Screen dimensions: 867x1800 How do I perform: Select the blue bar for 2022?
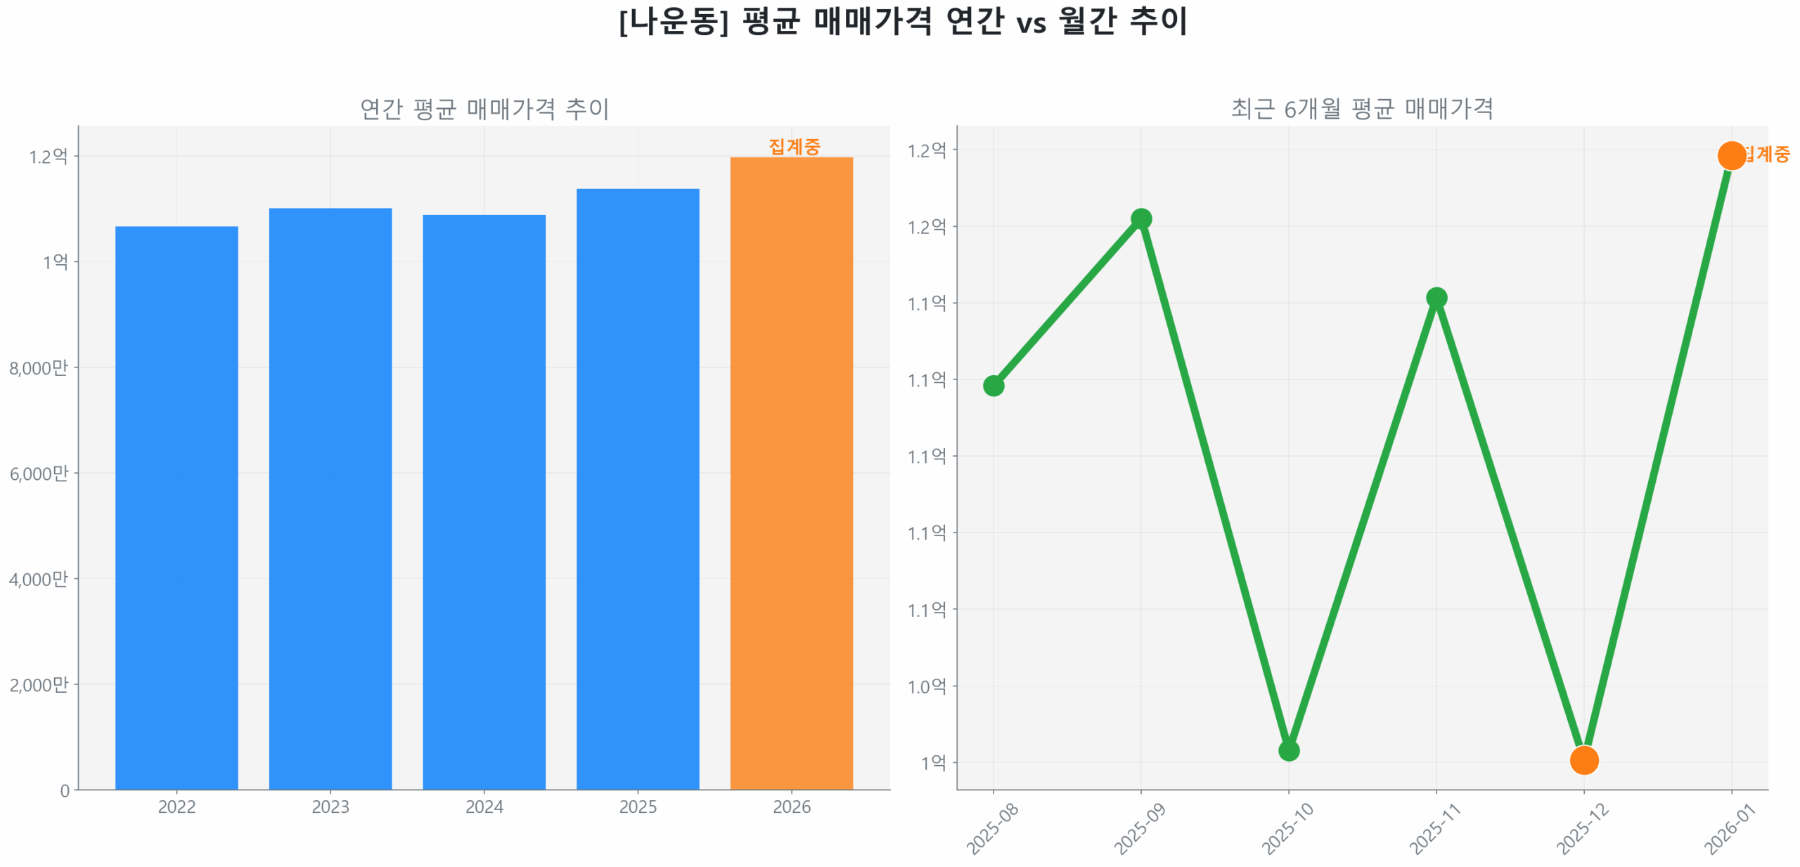[x=176, y=506]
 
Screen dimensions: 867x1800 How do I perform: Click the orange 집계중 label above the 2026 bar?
[x=794, y=146]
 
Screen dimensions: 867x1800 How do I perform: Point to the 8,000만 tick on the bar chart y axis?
[x=39, y=367]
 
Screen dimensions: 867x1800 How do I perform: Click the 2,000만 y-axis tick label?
[x=39, y=684]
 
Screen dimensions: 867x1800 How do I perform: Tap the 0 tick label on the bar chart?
[x=65, y=790]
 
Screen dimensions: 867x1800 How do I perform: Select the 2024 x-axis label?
[x=484, y=807]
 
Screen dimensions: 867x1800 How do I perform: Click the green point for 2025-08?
[x=993, y=385]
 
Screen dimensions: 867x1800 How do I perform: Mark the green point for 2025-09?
[x=1140, y=219]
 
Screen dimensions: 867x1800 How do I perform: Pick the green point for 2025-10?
[x=1288, y=750]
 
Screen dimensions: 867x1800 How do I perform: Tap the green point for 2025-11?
[x=1436, y=298]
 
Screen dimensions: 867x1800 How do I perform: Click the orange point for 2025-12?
[x=1583, y=760]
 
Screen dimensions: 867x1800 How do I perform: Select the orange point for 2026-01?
[x=1731, y=155]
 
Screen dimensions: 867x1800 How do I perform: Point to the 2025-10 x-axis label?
[x=1287, y=829]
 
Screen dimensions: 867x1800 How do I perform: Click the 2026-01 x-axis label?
[x=1729, y=829]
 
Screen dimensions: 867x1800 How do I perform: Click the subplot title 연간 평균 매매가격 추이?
[x=484, y=109]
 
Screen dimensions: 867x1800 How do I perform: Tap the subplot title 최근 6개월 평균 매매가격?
[x=1361, y=109]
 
